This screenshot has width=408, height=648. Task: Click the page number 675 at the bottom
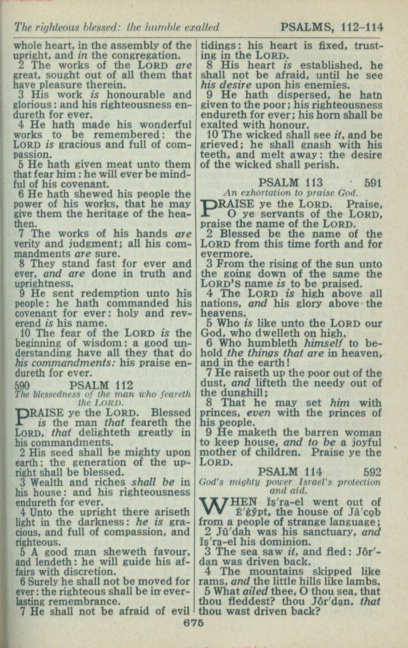pos(194,622)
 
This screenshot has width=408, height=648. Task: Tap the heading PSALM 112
pos(101,385)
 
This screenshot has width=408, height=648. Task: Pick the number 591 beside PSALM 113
pos(373,183)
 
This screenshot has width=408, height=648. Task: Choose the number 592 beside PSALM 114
pos(372,472)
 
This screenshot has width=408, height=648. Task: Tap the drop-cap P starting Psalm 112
pos(23,418)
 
